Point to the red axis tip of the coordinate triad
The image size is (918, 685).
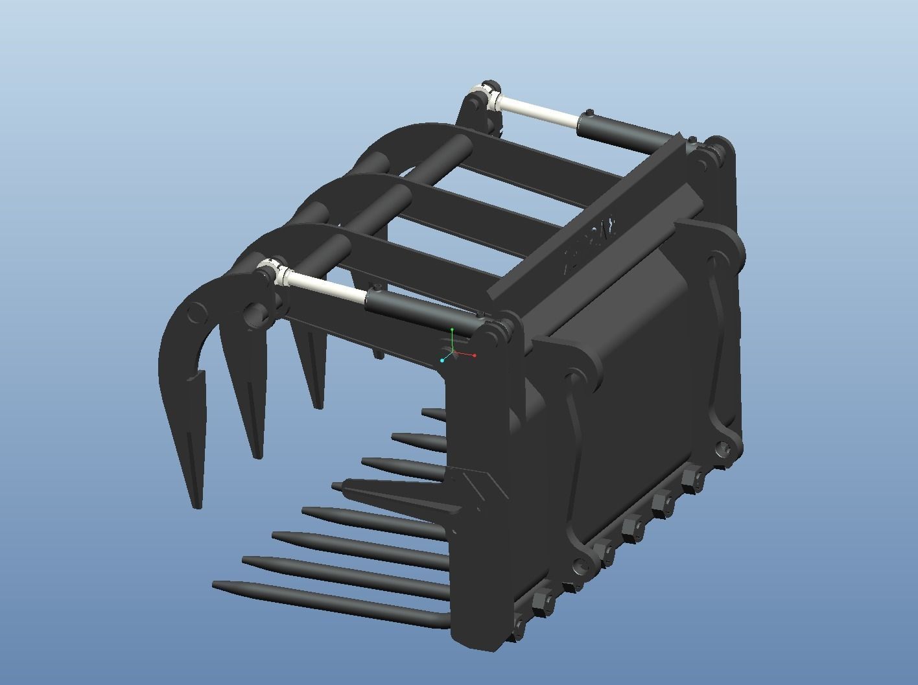(475, 355)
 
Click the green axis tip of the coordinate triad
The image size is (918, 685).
(452, 330)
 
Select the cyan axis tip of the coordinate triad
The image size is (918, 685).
(442, 360)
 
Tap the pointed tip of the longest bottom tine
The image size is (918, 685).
(216, 585)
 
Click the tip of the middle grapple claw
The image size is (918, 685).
(257, 455)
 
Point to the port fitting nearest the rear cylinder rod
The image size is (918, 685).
(589, 113)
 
